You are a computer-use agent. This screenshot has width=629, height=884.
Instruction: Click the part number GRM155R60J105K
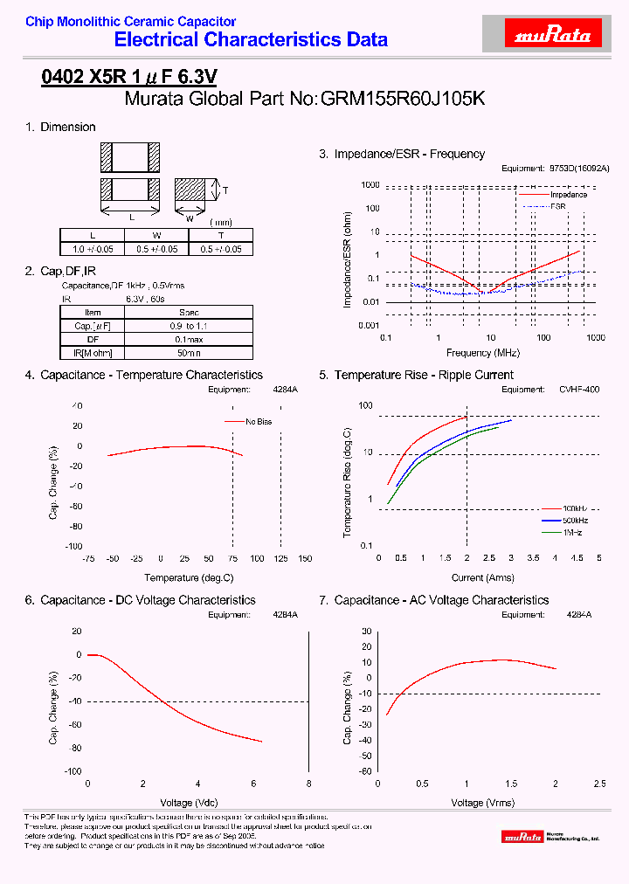pyautogui.click(x=403, y=99)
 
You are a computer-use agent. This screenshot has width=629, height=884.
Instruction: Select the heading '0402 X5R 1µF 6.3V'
pyautogui.click(x=129, y=77)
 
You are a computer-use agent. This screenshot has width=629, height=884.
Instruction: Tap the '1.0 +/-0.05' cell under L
pyautogui.click(x=93, y=249)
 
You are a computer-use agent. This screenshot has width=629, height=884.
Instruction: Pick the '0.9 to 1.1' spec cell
pyautogui.click(x=189, y=325)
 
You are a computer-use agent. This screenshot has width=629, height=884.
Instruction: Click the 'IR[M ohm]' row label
pyautogui.click(x=93, y=352)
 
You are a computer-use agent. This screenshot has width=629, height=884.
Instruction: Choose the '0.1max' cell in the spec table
pyautogui.click(x=189, y=339)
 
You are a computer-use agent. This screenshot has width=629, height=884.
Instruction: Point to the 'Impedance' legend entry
pyautogui.click(x=568, y=195)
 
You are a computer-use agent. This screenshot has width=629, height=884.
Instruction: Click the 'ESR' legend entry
pyautogui.click(x=558, y=206)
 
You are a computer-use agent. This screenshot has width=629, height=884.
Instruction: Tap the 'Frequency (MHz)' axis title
pyautogui.click(x=482, y=353)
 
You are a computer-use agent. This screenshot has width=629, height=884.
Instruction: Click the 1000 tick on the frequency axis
pyautogui.click(x=596, y=337)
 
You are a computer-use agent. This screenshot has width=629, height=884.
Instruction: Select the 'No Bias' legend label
pyautogui.click(x=259, y=421)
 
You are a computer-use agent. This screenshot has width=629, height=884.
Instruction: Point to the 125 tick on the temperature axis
pyautogui.click(x=281, y=558)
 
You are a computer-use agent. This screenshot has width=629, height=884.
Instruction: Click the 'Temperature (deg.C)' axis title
pyautogui.click(x=190, y=577)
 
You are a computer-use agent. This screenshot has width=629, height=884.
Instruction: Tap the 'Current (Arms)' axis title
pyautogui.click(x=483, y=577)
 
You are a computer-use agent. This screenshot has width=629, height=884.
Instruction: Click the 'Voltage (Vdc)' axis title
pyautogui.click(x=190, y=802)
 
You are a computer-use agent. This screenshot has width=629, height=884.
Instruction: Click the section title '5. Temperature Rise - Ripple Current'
pyautogui.click(x=416, y=375)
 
